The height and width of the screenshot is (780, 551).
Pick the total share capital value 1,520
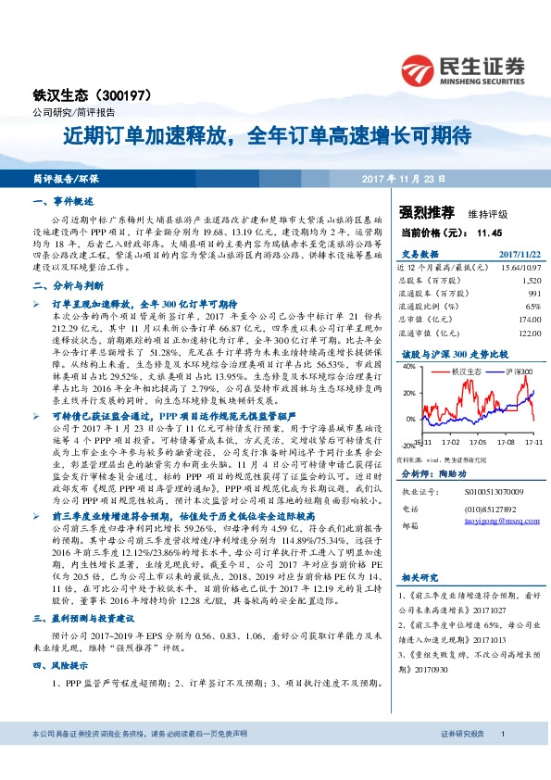tap(531, 279)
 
